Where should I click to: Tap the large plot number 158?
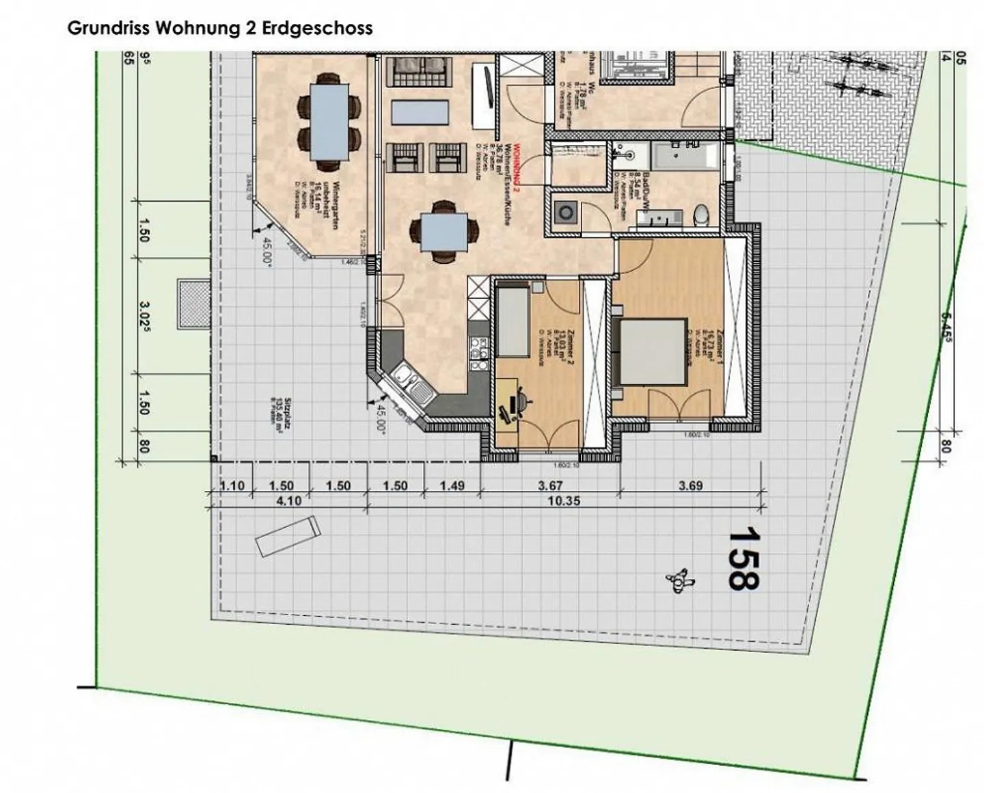pyautogui.click(x=742, y=557)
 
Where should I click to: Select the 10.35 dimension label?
pyautogui.click(x=564, y=501)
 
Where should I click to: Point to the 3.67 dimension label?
pyautogui.click(x=550, y=486)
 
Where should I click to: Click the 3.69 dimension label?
pyautogui.click(x=690, y=486)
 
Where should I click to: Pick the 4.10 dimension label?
pyautogui.click(x=288, y=501)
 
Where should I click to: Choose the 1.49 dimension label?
pyautogui.click(x=452, y=486)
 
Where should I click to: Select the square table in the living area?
pyautogui.click(x=443, y=233)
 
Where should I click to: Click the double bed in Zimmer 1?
pyautogui.click(x=653, y=352)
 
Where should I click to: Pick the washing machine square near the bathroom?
pyautogui.click(x=566, y=212)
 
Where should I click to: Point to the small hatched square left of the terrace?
pyautogui.click(x=193, y=303)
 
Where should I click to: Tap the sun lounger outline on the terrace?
pyautogui.click(x=288, y=536)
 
